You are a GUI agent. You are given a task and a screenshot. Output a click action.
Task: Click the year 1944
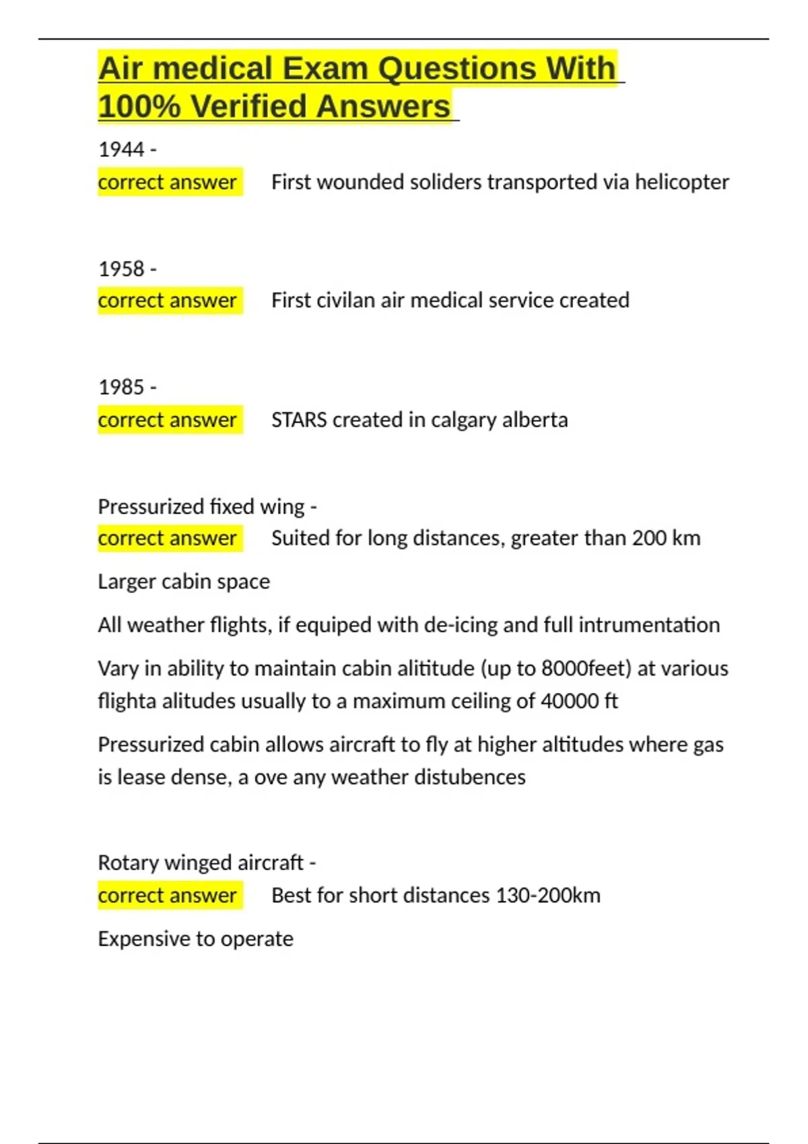point(121,149)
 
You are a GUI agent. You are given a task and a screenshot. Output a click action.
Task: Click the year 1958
point(121,269)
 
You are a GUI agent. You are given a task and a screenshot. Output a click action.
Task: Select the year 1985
point(121,387)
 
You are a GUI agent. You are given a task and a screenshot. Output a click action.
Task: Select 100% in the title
point(139,106)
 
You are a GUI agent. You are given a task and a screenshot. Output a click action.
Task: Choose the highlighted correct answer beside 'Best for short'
point(168,896)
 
